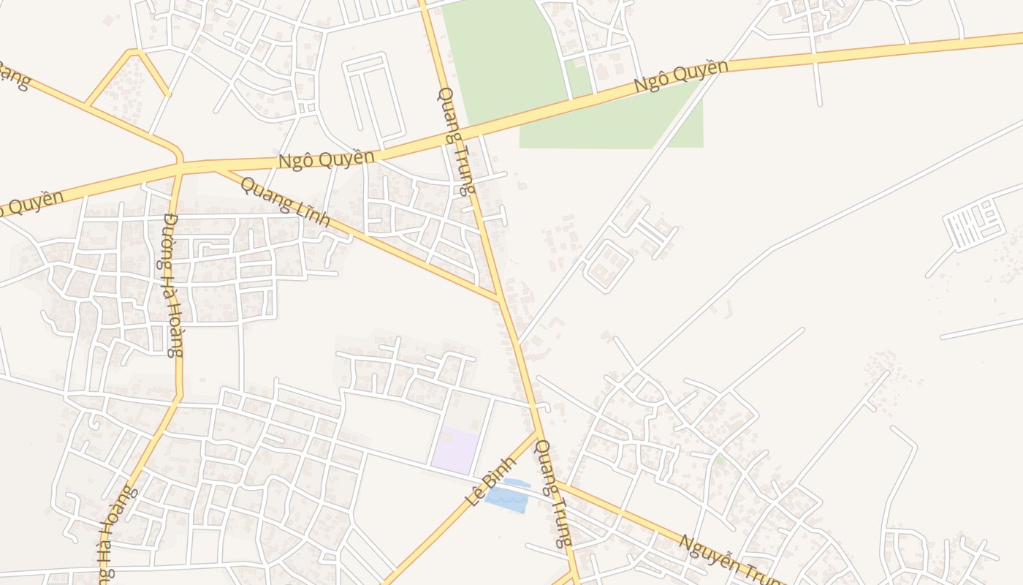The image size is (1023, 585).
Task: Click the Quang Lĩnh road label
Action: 285,202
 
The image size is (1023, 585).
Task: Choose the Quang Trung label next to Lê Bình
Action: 553,493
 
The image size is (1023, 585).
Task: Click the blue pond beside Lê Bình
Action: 506,499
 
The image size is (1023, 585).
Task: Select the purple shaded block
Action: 455,448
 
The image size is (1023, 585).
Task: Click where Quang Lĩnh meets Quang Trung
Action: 499,298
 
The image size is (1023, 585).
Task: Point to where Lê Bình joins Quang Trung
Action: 539,433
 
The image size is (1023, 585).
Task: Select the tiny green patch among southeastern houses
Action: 720,460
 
